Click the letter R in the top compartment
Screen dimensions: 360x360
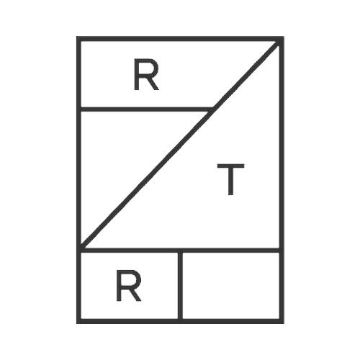(x=146, y=74)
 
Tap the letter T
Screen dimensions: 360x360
(x=230, y=179)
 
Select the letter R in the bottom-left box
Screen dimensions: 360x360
(x=129, y=285)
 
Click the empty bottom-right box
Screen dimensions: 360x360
(x=231, y=286)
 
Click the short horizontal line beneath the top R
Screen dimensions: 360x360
(x=146, y=109)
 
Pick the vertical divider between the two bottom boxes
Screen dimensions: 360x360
(x=180, y=286)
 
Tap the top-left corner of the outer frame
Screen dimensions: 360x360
(x=77, y=37)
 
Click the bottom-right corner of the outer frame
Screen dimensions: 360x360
(x=284, y=323)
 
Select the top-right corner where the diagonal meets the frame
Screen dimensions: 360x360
(x=280, y=41)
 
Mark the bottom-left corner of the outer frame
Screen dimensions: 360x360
(x=77, y=323)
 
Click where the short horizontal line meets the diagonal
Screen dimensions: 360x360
(x=212, y=109)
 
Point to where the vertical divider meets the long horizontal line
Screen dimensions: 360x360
(x=180, y=251)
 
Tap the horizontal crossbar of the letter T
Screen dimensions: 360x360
(x=230, y=166)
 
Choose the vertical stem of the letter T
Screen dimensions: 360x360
(x=230, y=181)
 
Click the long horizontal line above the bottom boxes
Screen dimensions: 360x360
(x=180, y=251)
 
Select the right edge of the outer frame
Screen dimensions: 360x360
(x=282, y=180)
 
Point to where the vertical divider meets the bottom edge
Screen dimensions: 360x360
(x=180, y=321)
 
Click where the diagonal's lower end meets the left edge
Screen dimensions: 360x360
(x=81, y=247)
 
